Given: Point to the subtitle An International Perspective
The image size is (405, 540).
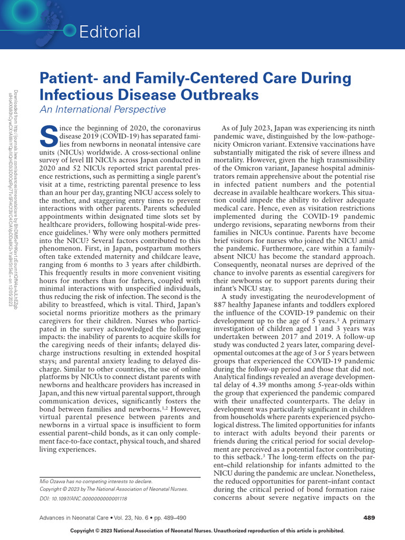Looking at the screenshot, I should click(x=103, y=110).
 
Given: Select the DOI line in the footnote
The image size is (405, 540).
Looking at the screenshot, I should click(x=84, y=497).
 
